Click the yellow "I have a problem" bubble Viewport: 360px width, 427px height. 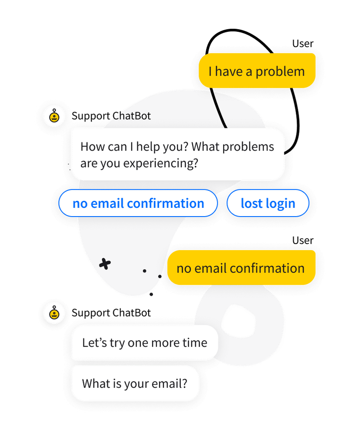pos(257,71)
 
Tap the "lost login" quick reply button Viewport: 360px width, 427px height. pos(268,203)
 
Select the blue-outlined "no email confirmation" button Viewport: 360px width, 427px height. pos(138,203)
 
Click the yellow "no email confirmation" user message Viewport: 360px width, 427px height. pos(241,268)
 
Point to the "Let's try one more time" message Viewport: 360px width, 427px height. pos(144,343)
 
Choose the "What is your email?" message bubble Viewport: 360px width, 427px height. pos(135,384)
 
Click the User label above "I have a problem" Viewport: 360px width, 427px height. pos(303,44)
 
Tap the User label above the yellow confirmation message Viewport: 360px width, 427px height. pos(303,241)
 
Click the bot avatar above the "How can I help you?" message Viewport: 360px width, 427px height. pos(54,116)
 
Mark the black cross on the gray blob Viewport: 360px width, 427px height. pos(104,264)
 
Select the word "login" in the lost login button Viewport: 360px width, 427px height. pos(280,203)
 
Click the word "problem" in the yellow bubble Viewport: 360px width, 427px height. pos(280,71)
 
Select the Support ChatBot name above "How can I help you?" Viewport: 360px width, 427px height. pos(111,116)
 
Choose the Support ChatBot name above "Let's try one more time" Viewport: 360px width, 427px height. pos(111,313)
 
